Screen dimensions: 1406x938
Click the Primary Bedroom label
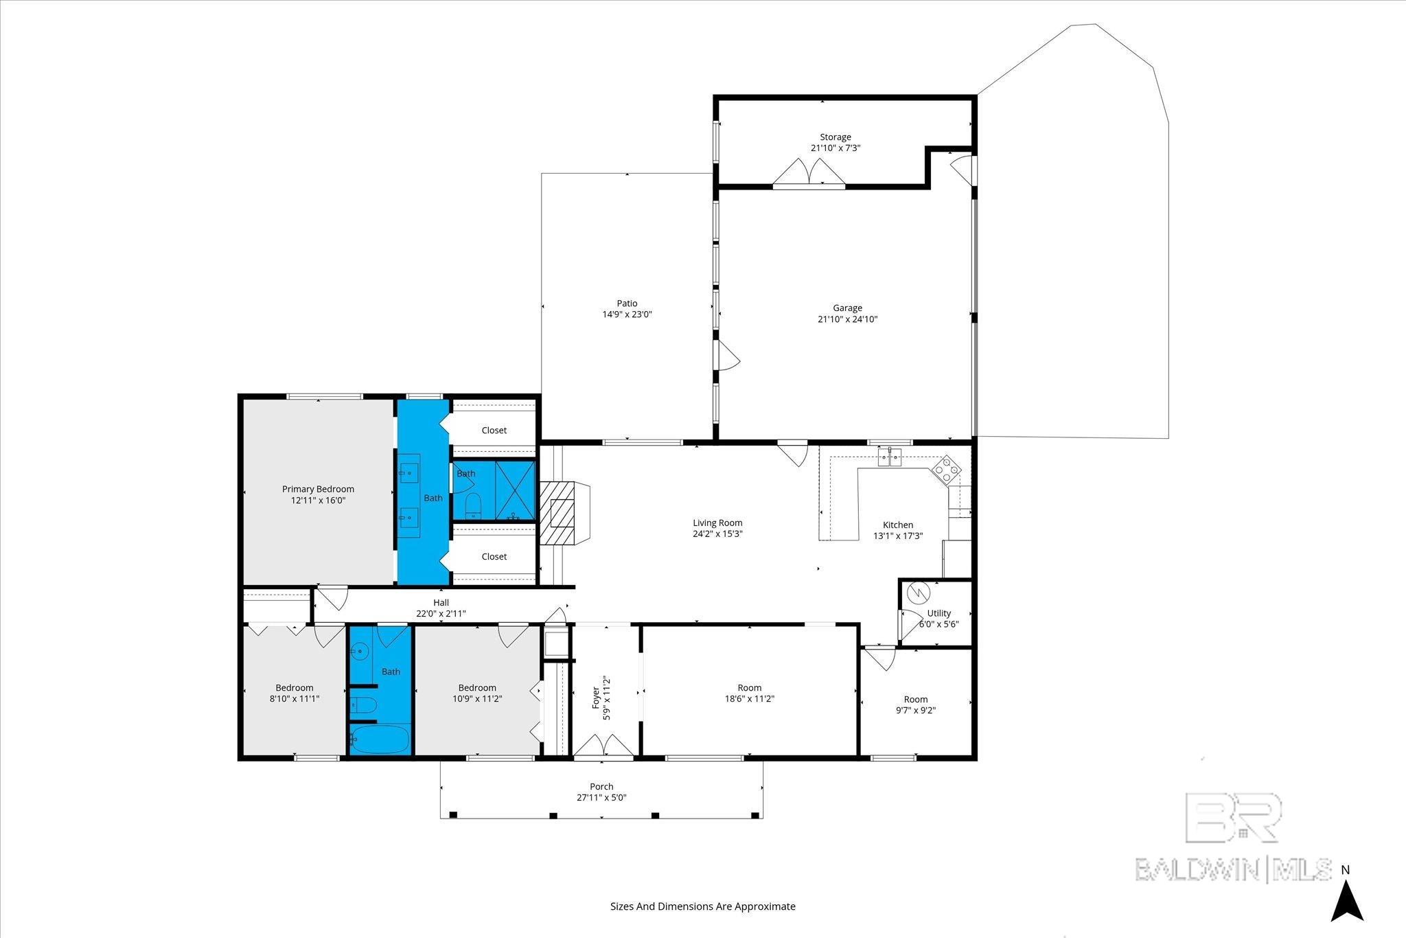point(318,489)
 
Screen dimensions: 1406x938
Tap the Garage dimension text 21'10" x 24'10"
point(847,319)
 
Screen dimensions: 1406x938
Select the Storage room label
point(835,137)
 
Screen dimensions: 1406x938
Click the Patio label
point(627,303)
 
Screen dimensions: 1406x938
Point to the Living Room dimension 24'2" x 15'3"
point(717,534)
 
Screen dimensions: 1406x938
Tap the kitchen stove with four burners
point(947,469)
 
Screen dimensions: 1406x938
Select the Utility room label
point(939,613)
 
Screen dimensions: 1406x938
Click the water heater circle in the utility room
point(917,592)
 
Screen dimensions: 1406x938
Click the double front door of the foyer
point(603,746)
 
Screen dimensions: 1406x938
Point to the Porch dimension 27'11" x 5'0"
point(601,797)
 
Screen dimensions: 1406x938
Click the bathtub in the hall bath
point(380,740)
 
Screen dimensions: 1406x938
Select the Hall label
point(441,602)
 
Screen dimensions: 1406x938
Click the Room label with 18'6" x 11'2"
point(750,687)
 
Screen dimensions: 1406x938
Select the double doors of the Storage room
point(809,172)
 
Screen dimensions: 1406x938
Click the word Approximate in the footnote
point(765,906)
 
